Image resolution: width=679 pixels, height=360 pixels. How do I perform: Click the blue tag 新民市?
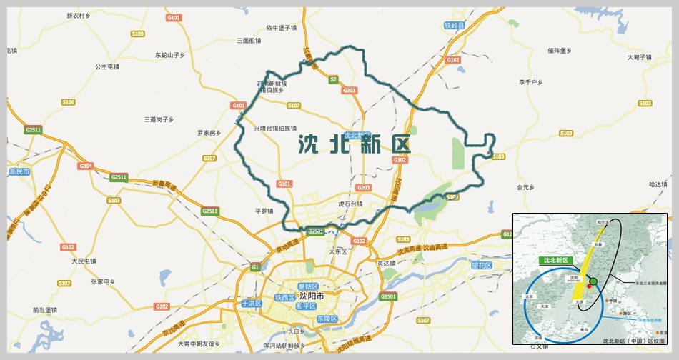point(19,172)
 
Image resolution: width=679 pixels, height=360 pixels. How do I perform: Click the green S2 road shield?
point(333,80)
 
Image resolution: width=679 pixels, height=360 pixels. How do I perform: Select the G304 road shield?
point(86,166)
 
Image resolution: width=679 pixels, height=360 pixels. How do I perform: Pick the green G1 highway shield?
point(254,267)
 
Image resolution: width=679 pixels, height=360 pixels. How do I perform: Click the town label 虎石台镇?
point(350,204)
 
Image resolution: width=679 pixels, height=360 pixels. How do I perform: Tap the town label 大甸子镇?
point(640,56)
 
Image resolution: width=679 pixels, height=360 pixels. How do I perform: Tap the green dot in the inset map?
point(593,281)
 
